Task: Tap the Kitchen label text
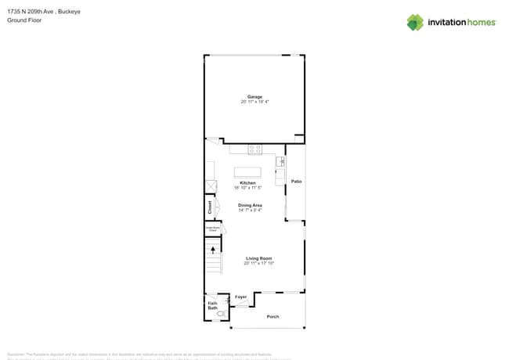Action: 247,182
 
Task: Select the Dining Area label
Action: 250,205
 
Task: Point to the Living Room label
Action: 258,258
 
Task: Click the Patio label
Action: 296,182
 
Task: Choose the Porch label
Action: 273,316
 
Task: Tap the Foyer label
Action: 241,297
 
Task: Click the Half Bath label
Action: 213,305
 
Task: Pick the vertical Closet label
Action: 210,207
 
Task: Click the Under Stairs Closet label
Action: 211,229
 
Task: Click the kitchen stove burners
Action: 255,149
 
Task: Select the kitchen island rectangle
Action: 248,171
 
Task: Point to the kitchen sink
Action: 280,162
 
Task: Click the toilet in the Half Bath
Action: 222,313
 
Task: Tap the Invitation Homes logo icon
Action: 415,22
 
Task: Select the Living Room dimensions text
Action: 258,264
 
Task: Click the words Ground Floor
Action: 24,20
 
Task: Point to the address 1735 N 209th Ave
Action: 31,12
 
